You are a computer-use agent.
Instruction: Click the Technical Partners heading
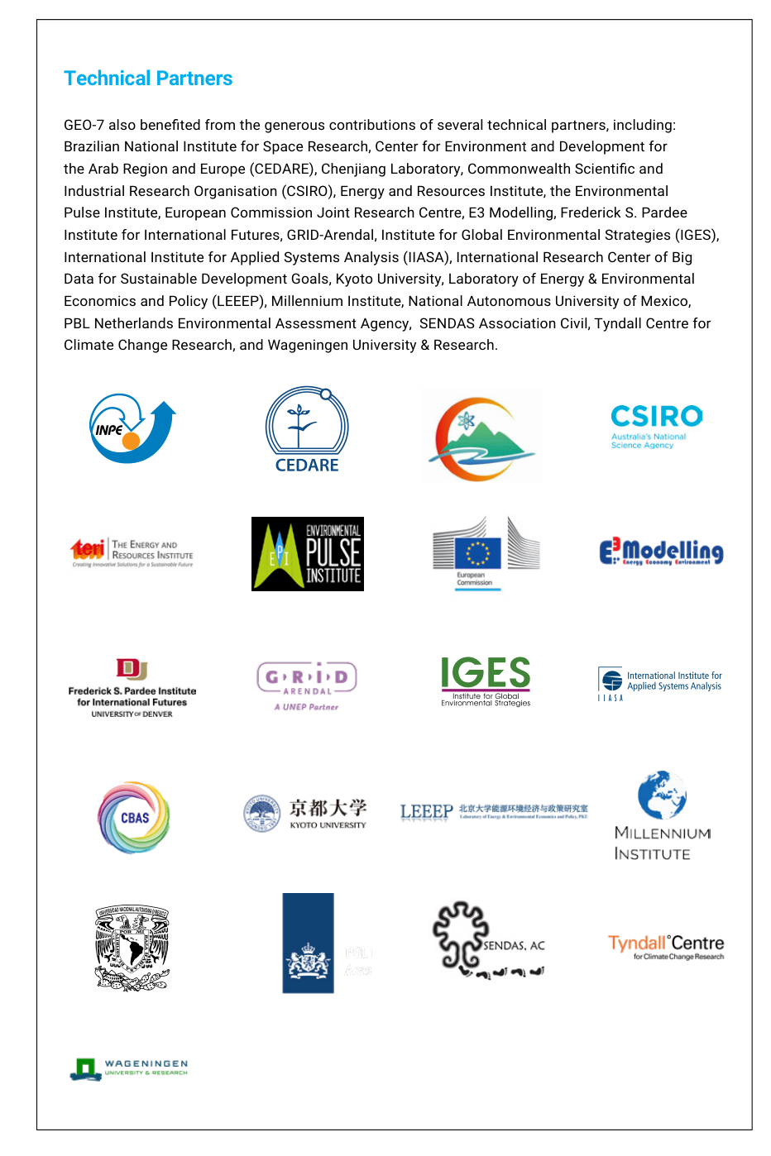pos(148,79)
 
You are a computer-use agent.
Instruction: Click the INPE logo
pos(132,428)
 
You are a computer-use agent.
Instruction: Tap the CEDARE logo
pos(307,431)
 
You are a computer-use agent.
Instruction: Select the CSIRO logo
pos(656,426)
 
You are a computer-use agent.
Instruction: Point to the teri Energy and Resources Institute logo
pos(132,552)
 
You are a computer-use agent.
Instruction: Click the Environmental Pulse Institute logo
pos(308,554)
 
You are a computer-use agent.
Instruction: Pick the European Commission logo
pos(486,552)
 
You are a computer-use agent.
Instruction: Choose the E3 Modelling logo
pos(661,552)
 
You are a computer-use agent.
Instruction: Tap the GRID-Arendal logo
pos(307,685)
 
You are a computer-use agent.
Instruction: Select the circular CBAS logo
pos(134,818)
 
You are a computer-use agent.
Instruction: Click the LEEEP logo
pos(494,811)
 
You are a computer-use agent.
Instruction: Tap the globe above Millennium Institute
pos(662,795)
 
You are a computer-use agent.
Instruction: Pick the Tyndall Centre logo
pos(666,947)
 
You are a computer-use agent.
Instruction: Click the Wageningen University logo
pos(130,1068)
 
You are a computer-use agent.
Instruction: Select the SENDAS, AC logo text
pos(514,945)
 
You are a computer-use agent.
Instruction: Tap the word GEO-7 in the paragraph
pos(84,125)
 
